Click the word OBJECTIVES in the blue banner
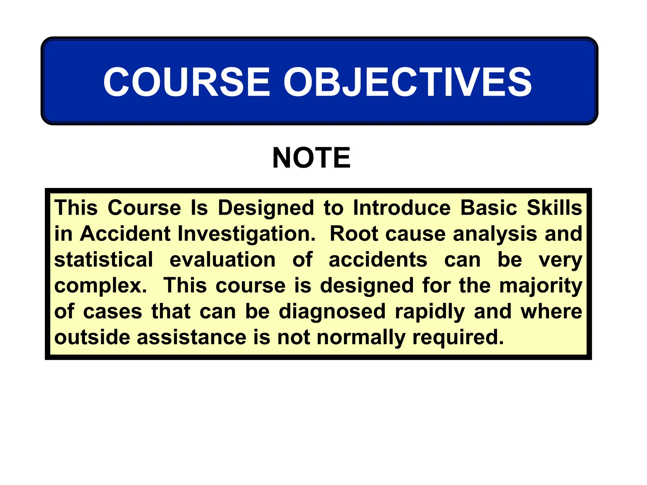tap(408, 82)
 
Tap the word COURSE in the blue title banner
tap(187, 82)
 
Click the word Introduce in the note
tap(402, 208)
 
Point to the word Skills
tap(554, 208)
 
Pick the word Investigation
tap(246, 234)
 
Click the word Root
tap(354, 234)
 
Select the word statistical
tap(104, 260)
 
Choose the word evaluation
tap(222, 260)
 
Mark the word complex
tap(100, 286)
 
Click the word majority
tap(541, 286)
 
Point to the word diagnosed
tap(332, 312)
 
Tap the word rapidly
tap(430, 312)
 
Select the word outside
tap(92, 337)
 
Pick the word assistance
tap(191, 337)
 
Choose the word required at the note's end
tap(458, 338)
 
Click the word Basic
tap(489, 208)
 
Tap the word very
tap(560, 260)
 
